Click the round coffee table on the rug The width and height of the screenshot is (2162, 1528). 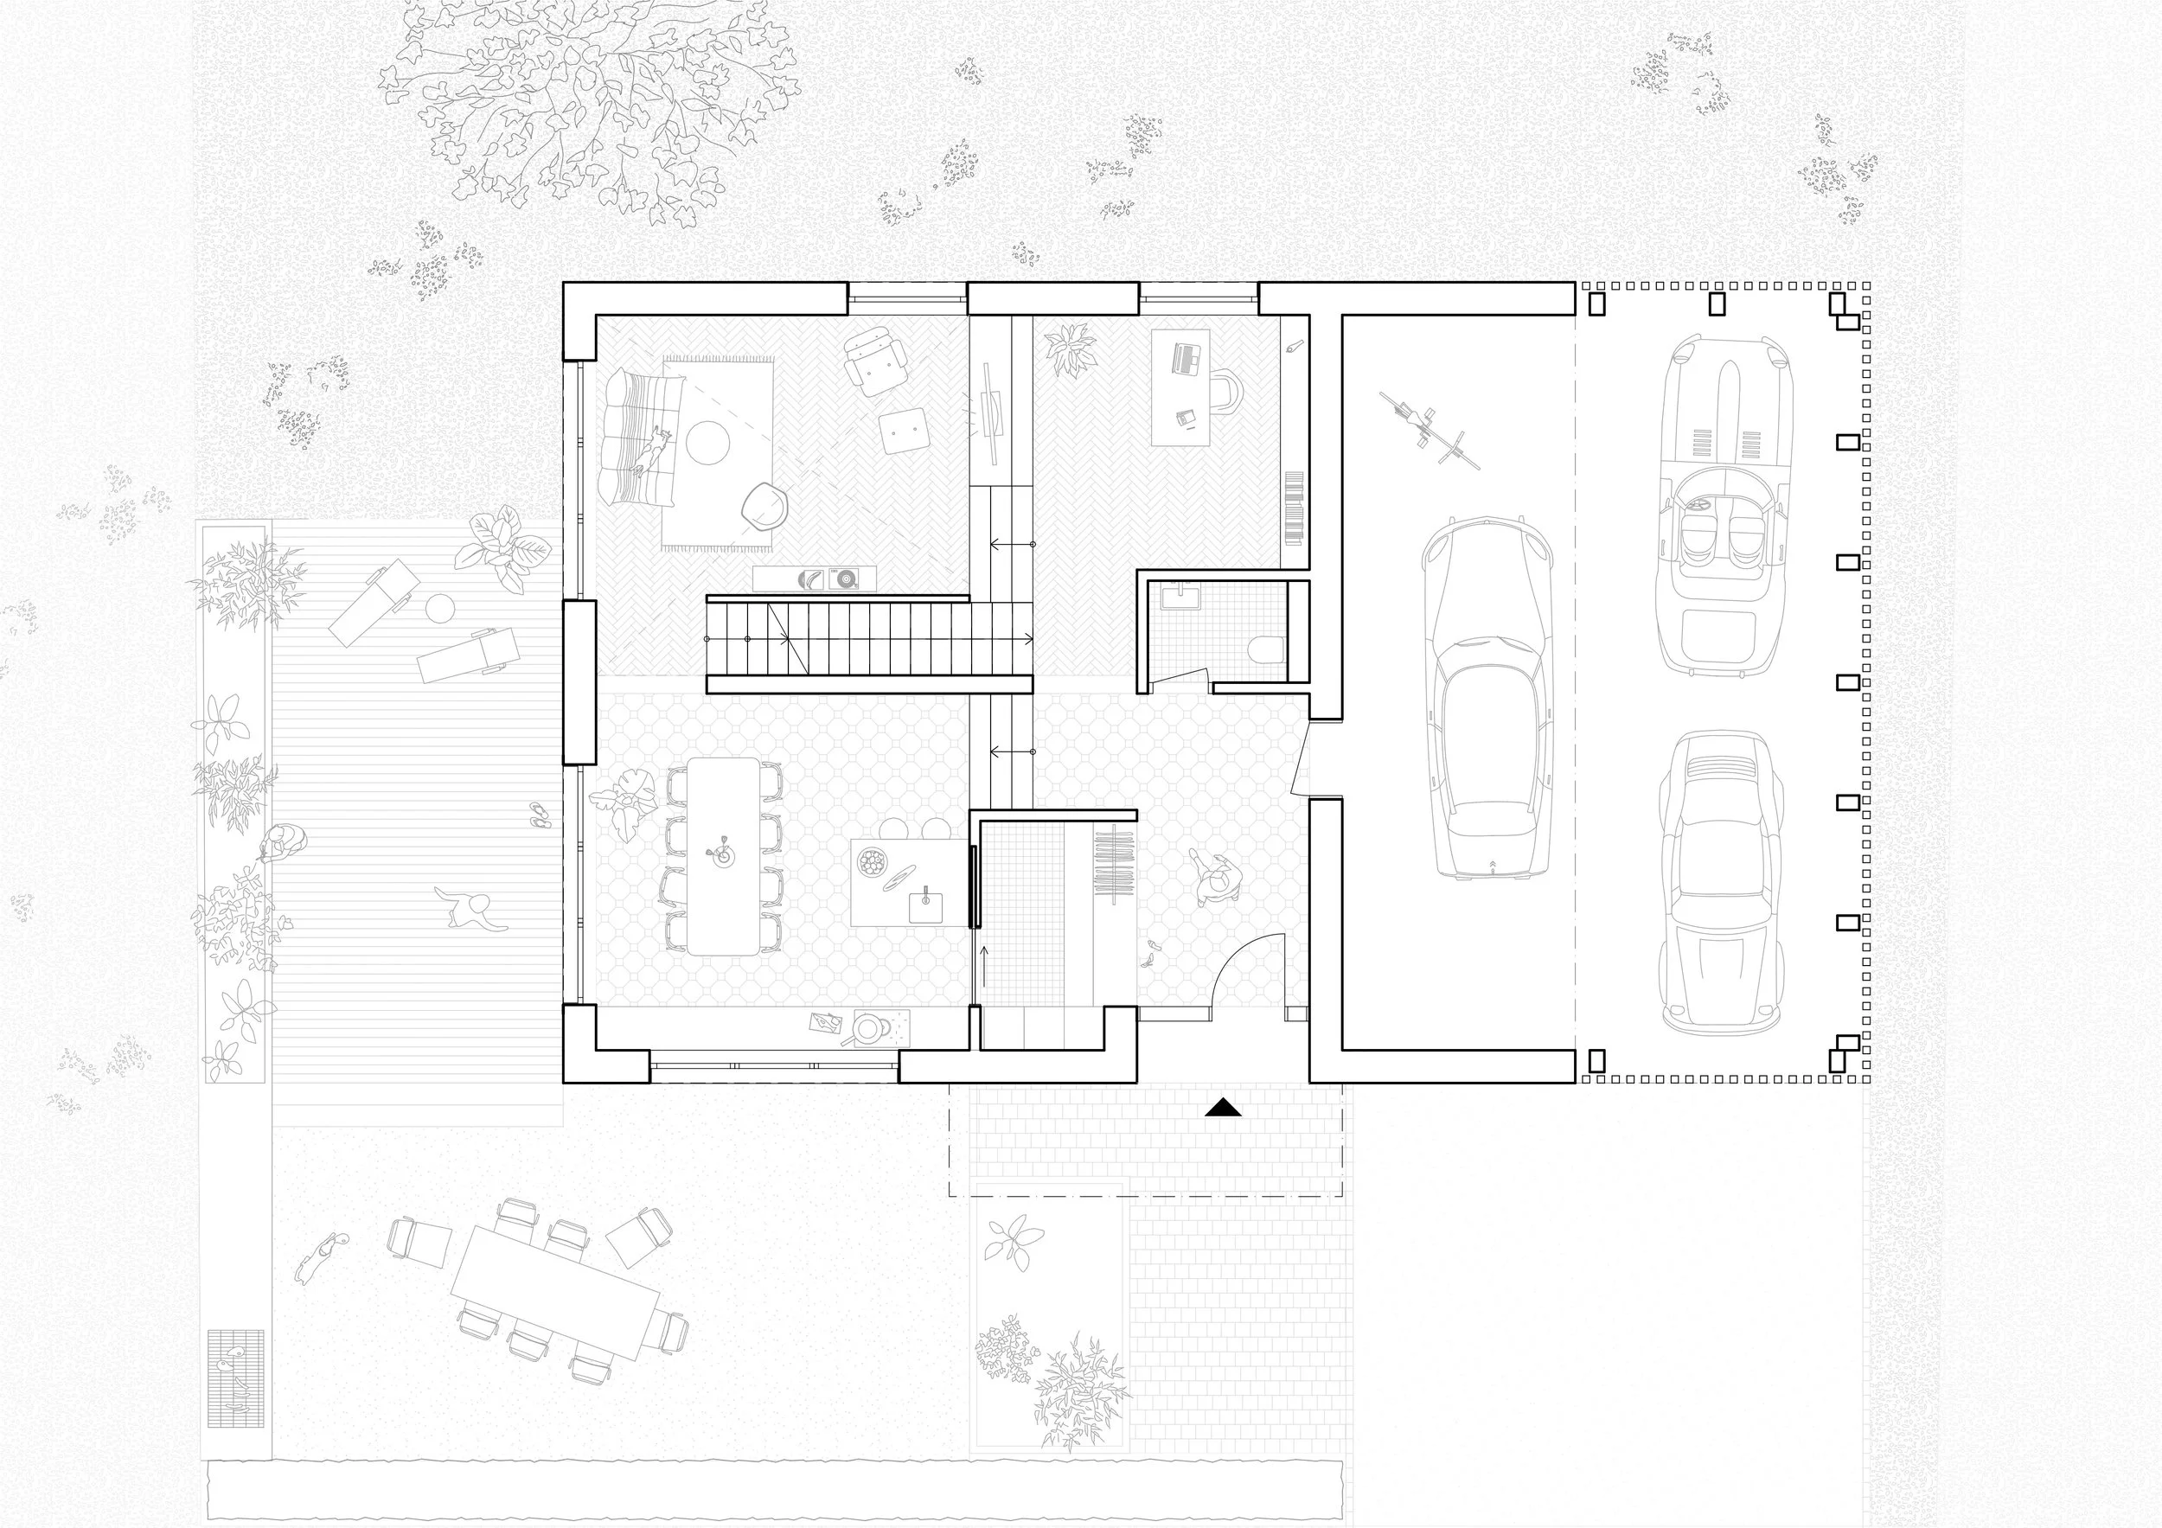(707, 441)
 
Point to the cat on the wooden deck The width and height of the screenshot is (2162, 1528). (470, 911)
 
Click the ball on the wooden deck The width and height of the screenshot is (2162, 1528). (438, 609)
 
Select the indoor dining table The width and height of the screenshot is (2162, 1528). (723, 856)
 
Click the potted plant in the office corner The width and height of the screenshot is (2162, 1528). (1069, 349)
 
